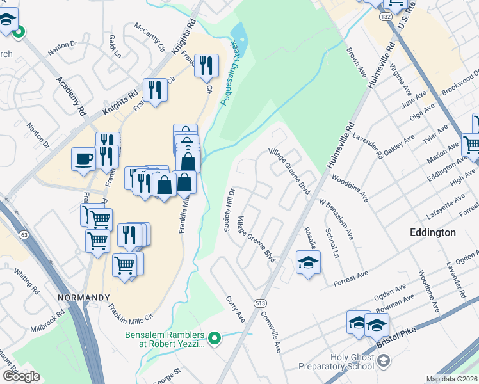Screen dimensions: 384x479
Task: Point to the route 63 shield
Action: point(24,235)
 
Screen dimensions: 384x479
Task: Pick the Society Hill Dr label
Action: point(229,210)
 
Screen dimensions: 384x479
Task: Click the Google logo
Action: point(20,376)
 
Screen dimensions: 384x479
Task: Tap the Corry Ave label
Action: point(236,309)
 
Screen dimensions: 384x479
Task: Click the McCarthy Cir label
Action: point(149,38)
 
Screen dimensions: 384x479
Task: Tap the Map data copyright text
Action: point(451,379)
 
